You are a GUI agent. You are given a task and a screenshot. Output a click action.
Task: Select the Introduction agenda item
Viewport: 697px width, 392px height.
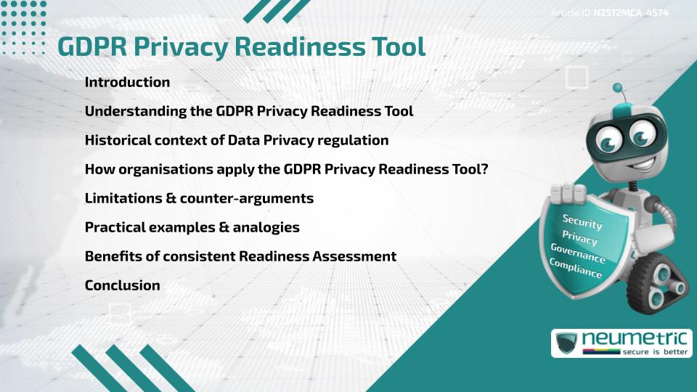(127, 82)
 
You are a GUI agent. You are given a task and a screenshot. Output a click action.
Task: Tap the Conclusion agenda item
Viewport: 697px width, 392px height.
(122, 285)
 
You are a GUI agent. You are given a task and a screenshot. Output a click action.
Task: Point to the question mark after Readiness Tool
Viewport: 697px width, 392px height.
(484, 169)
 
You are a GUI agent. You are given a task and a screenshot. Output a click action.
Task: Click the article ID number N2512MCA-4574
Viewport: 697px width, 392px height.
(630, 13)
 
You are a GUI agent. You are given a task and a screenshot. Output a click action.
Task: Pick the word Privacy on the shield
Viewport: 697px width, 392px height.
(579, 237)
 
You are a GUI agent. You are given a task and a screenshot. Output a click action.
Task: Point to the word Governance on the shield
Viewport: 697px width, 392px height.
(577, 253)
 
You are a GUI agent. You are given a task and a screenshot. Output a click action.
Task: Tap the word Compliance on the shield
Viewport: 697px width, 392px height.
(575, 268)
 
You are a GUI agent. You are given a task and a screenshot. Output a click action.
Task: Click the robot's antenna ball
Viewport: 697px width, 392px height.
(618, 89)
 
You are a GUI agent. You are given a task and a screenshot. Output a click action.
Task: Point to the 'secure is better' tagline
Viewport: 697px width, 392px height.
(656, 352)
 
